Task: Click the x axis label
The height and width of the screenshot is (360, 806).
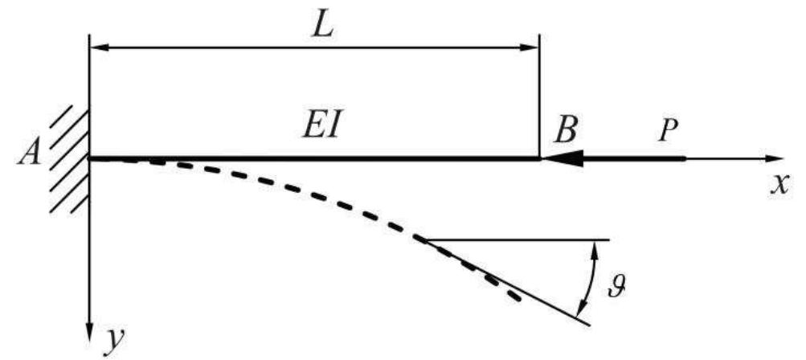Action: click(x=778, y=184)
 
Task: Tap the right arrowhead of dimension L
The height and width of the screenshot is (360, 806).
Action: click(x=531, y=47)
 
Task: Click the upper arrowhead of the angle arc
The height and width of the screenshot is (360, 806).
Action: click(x=595, y=247)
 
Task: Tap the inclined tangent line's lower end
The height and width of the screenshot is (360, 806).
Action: click(x=588, y=323)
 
